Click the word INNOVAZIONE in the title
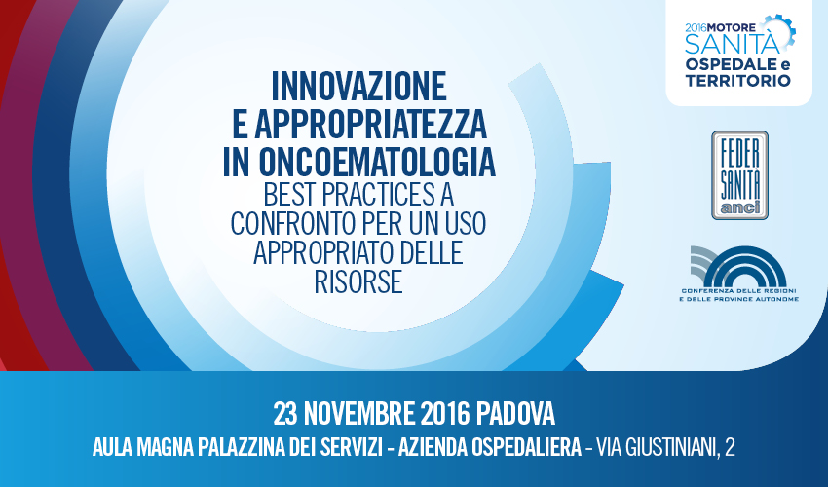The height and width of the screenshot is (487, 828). pos(359,86)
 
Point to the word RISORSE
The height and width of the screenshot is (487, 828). pos(358,281)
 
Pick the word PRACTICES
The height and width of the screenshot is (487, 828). pos(378,195)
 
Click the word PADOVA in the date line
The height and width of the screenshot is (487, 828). pos(515,414)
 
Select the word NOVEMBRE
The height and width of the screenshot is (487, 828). pos(359,414)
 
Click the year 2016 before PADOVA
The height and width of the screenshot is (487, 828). pos(446,414)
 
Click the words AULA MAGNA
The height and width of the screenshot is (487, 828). pos(142,448)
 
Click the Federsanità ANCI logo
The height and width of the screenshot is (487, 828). pos(739,175)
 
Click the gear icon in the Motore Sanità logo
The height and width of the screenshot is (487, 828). pos(779,33)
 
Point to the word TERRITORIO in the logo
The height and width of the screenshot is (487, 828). pos(737,81)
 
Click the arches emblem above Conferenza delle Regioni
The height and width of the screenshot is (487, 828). pos(738,267)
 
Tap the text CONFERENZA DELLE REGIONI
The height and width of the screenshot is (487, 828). pos(738,291)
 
